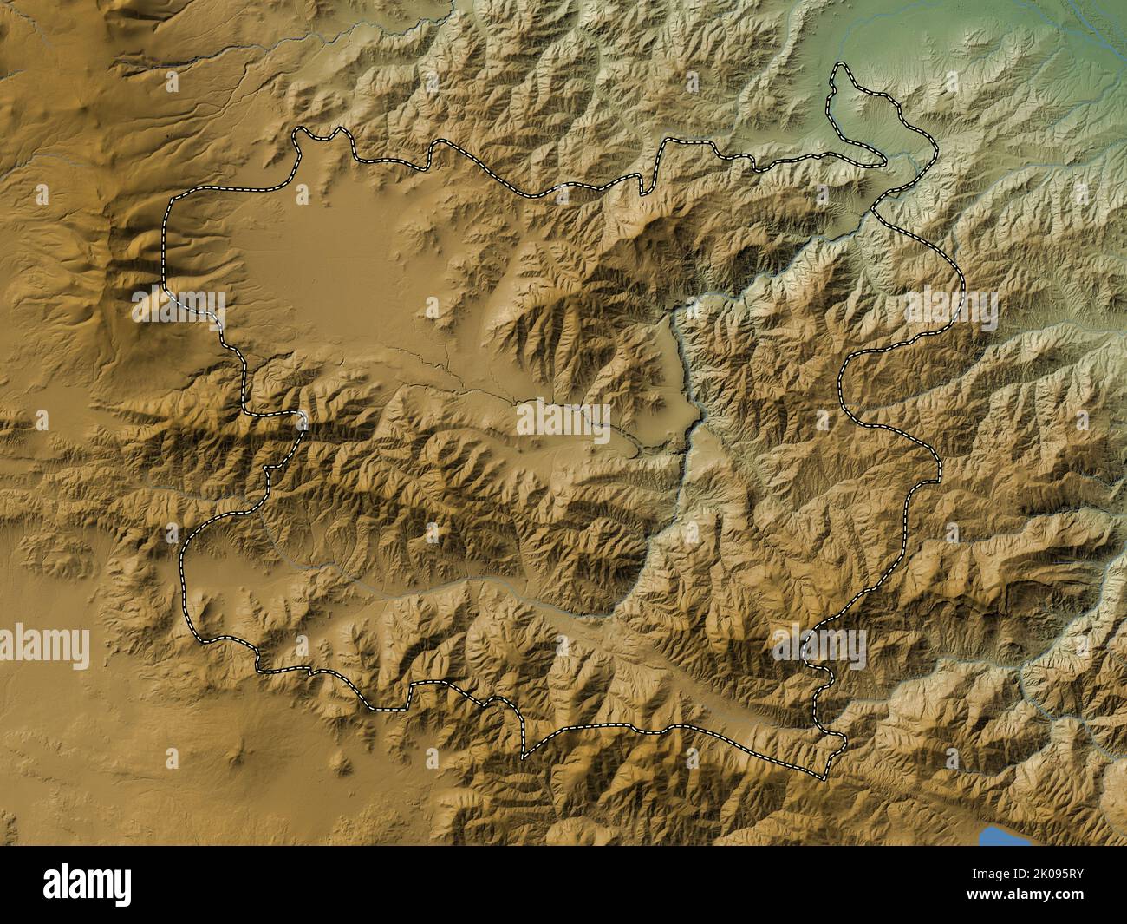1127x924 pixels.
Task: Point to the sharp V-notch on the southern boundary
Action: [523, 757]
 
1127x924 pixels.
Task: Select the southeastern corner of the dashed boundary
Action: [824, 775]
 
